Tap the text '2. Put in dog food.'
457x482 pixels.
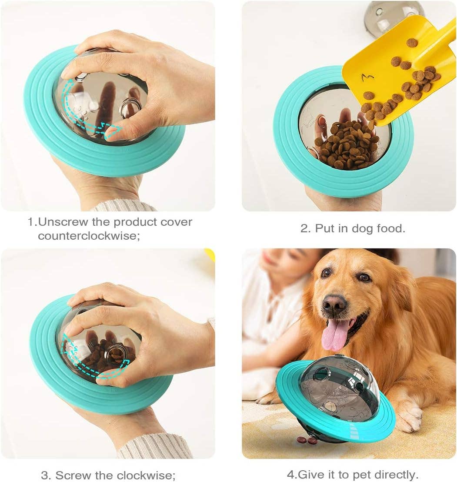coord(353,228)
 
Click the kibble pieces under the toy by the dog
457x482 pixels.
coord(307,440)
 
